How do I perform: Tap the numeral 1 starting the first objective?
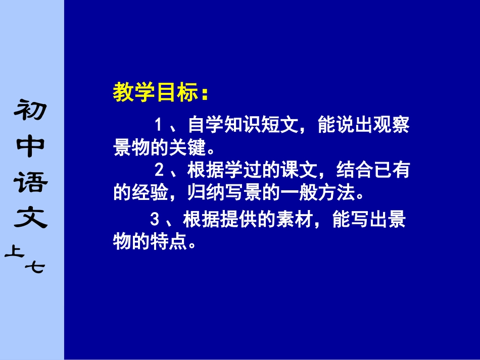coord(158,125)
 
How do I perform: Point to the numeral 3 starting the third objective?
coord(155,219)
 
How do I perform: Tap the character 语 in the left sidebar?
coord(32,182)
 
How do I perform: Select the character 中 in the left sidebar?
coord(32,146)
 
